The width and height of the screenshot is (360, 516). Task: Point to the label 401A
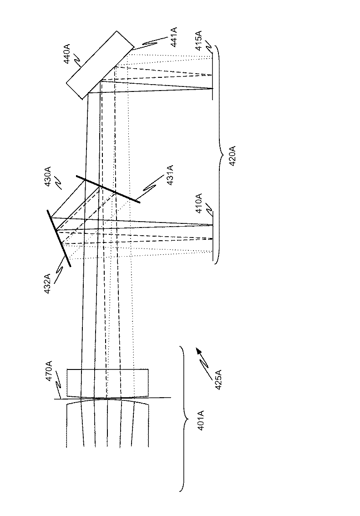point(201,420)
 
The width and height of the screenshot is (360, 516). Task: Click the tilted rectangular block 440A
point(100,65)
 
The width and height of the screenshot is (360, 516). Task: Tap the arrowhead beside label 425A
point(198,350)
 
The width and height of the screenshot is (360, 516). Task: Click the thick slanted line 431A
point(108,189)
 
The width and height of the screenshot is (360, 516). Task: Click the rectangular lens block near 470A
point(107,382)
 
